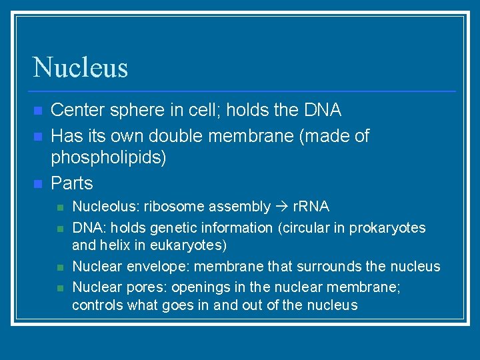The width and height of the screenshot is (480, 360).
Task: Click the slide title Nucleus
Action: click(x=80, y=67)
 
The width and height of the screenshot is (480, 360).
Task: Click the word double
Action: click(x=173, y=136)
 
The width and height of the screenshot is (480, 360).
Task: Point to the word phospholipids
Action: click(x=109, y=157)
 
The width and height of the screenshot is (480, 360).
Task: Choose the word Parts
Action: click(x=72, y=183)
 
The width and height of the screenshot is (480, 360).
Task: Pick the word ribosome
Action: click(x=175, y=207)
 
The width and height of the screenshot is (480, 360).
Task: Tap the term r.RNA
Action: click(x=311, y=207)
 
